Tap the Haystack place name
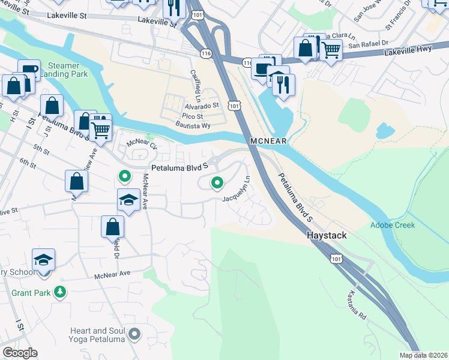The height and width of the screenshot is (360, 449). (x=327, y=235)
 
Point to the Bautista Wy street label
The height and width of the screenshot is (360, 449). (x=193, y=125)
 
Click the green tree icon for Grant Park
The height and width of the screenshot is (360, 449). (x=59, y=292)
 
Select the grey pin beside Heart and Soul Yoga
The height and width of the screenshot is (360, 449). (x=135, y=334)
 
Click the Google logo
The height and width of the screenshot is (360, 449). (x=20, y=353)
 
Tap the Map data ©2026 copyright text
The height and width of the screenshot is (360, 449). (x=423, y=355)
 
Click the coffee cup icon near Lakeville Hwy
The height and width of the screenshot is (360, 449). (x=262, y=68)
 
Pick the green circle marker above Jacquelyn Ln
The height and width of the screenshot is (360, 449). (x=216, y=182)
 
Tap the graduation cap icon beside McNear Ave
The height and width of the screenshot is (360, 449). (x=128, y=200)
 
